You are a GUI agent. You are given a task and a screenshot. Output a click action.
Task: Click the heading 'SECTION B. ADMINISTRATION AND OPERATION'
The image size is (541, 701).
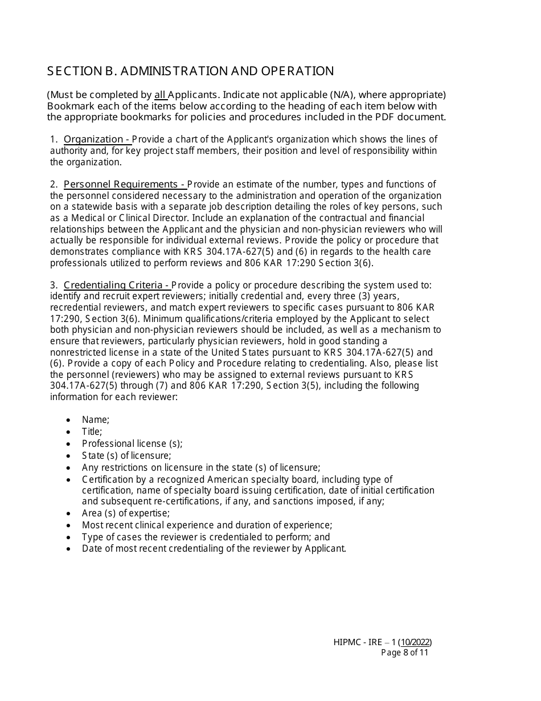(x=190, y=71)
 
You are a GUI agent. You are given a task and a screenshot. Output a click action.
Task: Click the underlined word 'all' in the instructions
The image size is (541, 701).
(x=160, y=95)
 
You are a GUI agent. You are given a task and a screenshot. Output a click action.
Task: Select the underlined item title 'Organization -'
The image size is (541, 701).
(x=97, y=140)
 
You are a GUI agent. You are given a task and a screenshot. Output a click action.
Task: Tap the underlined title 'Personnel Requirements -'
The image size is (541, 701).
(x=124, y=184)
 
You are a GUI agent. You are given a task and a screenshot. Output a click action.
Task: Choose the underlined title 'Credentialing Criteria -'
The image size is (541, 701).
(x=117, y=285)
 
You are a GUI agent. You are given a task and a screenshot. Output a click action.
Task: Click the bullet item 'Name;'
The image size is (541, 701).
(x=96, y=419)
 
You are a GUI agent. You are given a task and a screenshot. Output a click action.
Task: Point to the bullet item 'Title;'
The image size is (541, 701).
(x=92, y=431)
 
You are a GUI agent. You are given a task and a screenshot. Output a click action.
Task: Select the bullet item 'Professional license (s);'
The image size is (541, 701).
(x=132, y=443)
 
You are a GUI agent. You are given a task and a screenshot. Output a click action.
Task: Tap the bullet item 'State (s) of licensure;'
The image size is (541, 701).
(x=126, y=455)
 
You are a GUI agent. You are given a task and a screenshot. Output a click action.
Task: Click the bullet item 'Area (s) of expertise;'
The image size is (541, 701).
(x=126, y=513)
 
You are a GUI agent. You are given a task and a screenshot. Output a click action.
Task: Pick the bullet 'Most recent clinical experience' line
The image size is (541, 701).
(x=207, y=525)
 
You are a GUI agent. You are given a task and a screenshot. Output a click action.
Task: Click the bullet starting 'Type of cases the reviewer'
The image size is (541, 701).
(x=206, y=537)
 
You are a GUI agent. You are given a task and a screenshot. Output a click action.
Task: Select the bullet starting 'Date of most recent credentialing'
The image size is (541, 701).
(x=214, y=549)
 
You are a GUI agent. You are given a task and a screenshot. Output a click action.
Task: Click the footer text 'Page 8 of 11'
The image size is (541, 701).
(x=404, y=653)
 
